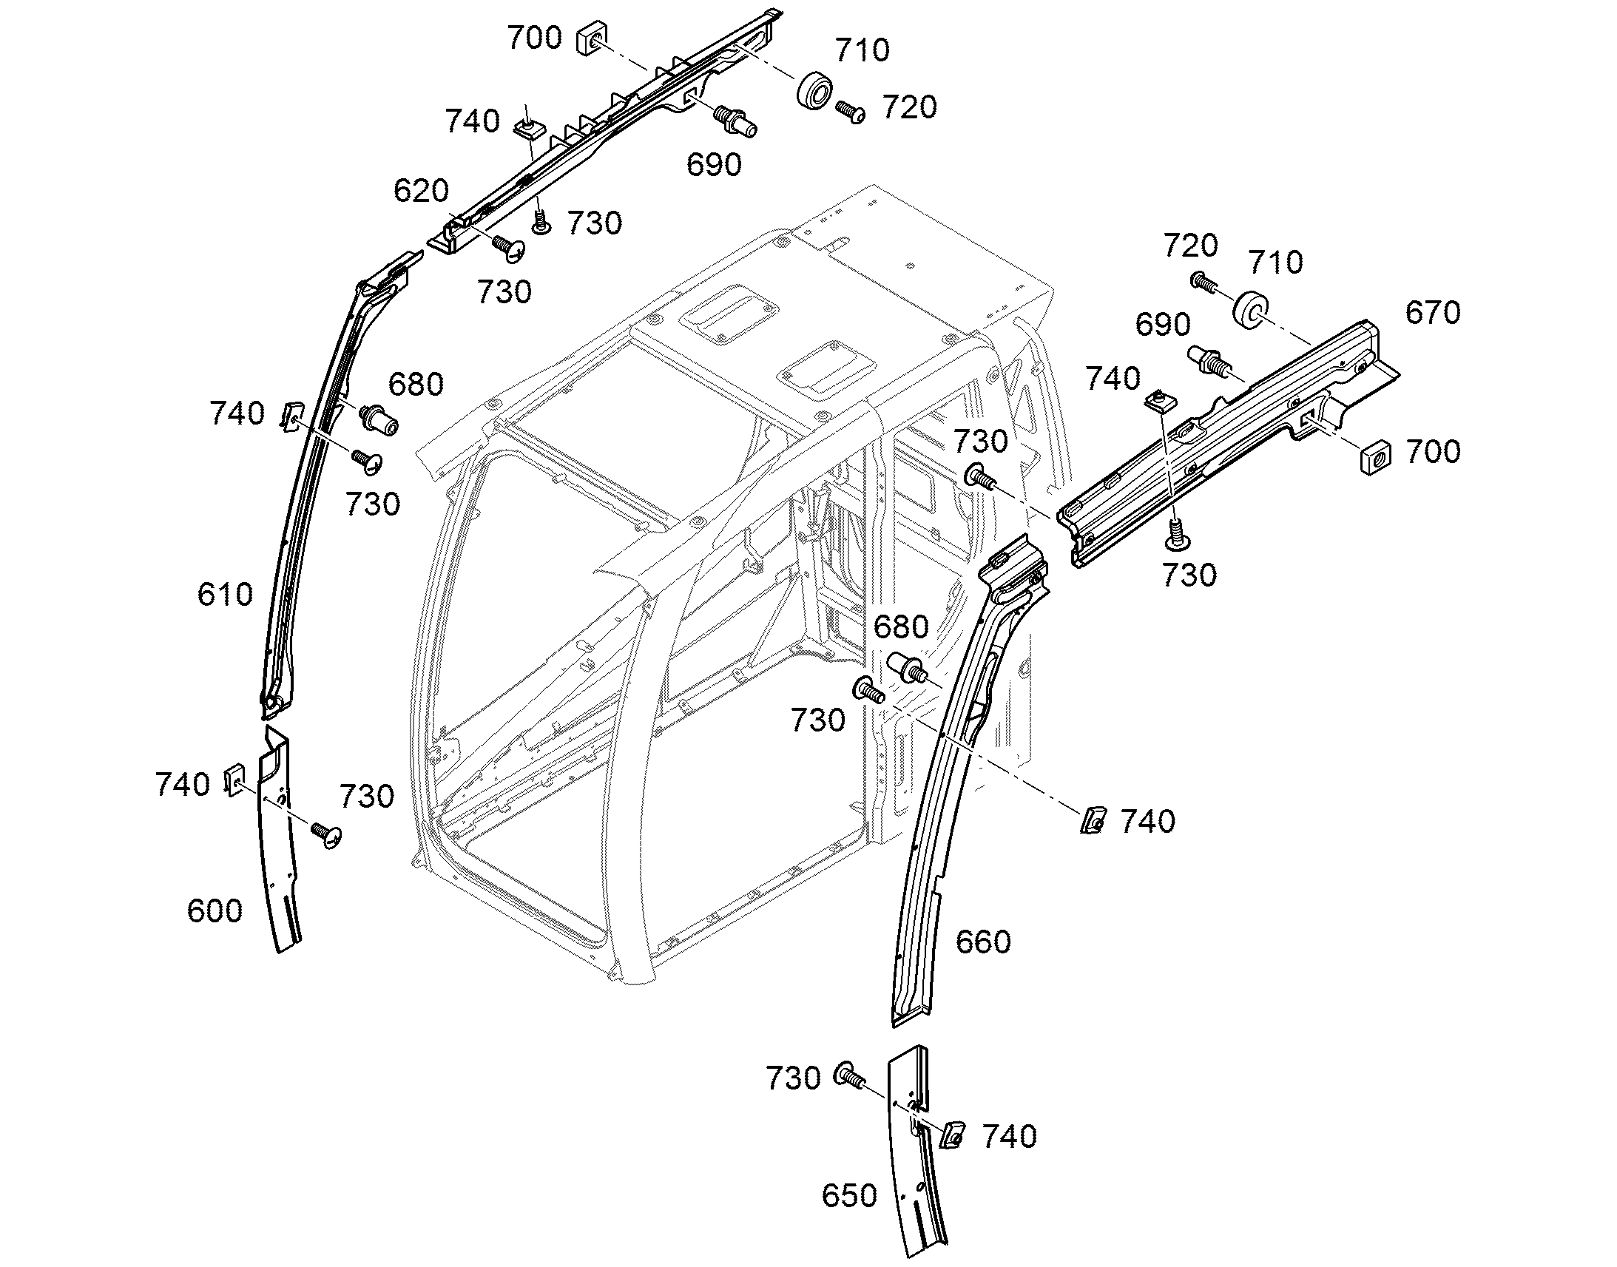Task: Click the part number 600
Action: (215, 910)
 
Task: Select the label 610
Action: (225, 594)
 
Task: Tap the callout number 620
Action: (421, 191)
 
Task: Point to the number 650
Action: (849, 1195)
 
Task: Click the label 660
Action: (983, 942)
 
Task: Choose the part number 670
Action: (1433, 313)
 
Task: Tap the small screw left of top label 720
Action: (851, 112)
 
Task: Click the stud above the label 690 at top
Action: (735, 121)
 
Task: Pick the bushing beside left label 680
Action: (379, 419)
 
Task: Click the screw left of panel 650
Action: (849, 1075)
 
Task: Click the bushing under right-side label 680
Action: (908, 666)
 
